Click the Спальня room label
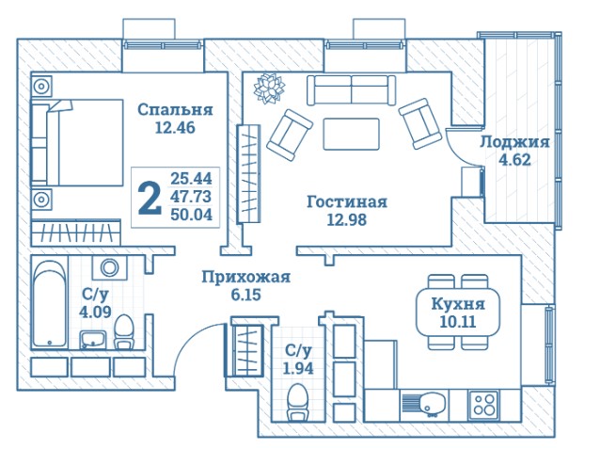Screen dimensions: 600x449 175,109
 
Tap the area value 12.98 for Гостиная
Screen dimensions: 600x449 347,219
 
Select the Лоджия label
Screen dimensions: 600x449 514,142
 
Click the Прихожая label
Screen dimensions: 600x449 246,277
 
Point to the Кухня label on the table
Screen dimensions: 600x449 458,304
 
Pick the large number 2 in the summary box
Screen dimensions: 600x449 150,198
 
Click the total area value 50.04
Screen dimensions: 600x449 191,215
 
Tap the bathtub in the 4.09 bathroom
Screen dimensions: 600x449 50,303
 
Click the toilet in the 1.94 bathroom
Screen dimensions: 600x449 297,402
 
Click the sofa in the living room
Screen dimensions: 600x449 352,90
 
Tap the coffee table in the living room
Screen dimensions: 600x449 352,134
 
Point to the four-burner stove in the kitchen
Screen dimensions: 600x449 484,405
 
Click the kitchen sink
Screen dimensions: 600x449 423,405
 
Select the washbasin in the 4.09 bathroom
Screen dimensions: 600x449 93,340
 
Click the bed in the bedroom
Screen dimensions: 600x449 77,142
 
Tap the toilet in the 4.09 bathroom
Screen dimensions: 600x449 124,331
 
